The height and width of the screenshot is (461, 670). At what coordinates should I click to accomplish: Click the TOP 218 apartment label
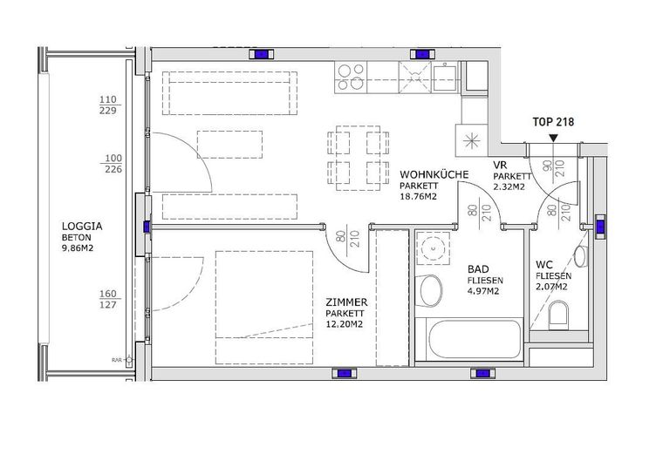[x=553, y=123]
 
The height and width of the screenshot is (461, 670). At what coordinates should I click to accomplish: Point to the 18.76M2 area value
[x=419, y=197]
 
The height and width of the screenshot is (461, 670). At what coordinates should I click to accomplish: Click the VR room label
[x=501, y=165]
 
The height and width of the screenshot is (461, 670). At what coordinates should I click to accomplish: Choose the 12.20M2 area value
[x=344, y=324]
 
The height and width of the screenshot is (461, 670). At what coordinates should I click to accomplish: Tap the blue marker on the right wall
[x=602, y=227]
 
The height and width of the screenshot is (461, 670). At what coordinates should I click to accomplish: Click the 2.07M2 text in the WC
[x=552, y=288]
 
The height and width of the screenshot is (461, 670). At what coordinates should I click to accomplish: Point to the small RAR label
[x=115, y=358]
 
